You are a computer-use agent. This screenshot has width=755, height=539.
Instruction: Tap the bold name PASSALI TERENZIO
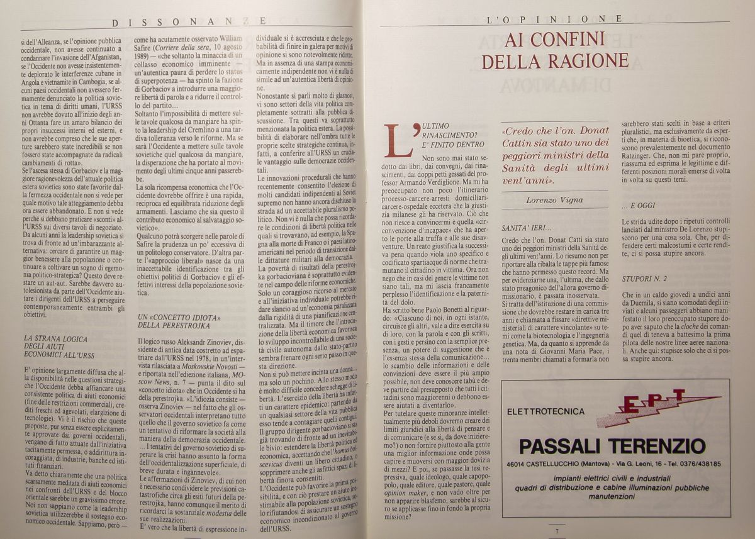(612, 446)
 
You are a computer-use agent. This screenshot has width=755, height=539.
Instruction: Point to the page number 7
(557, 531)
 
